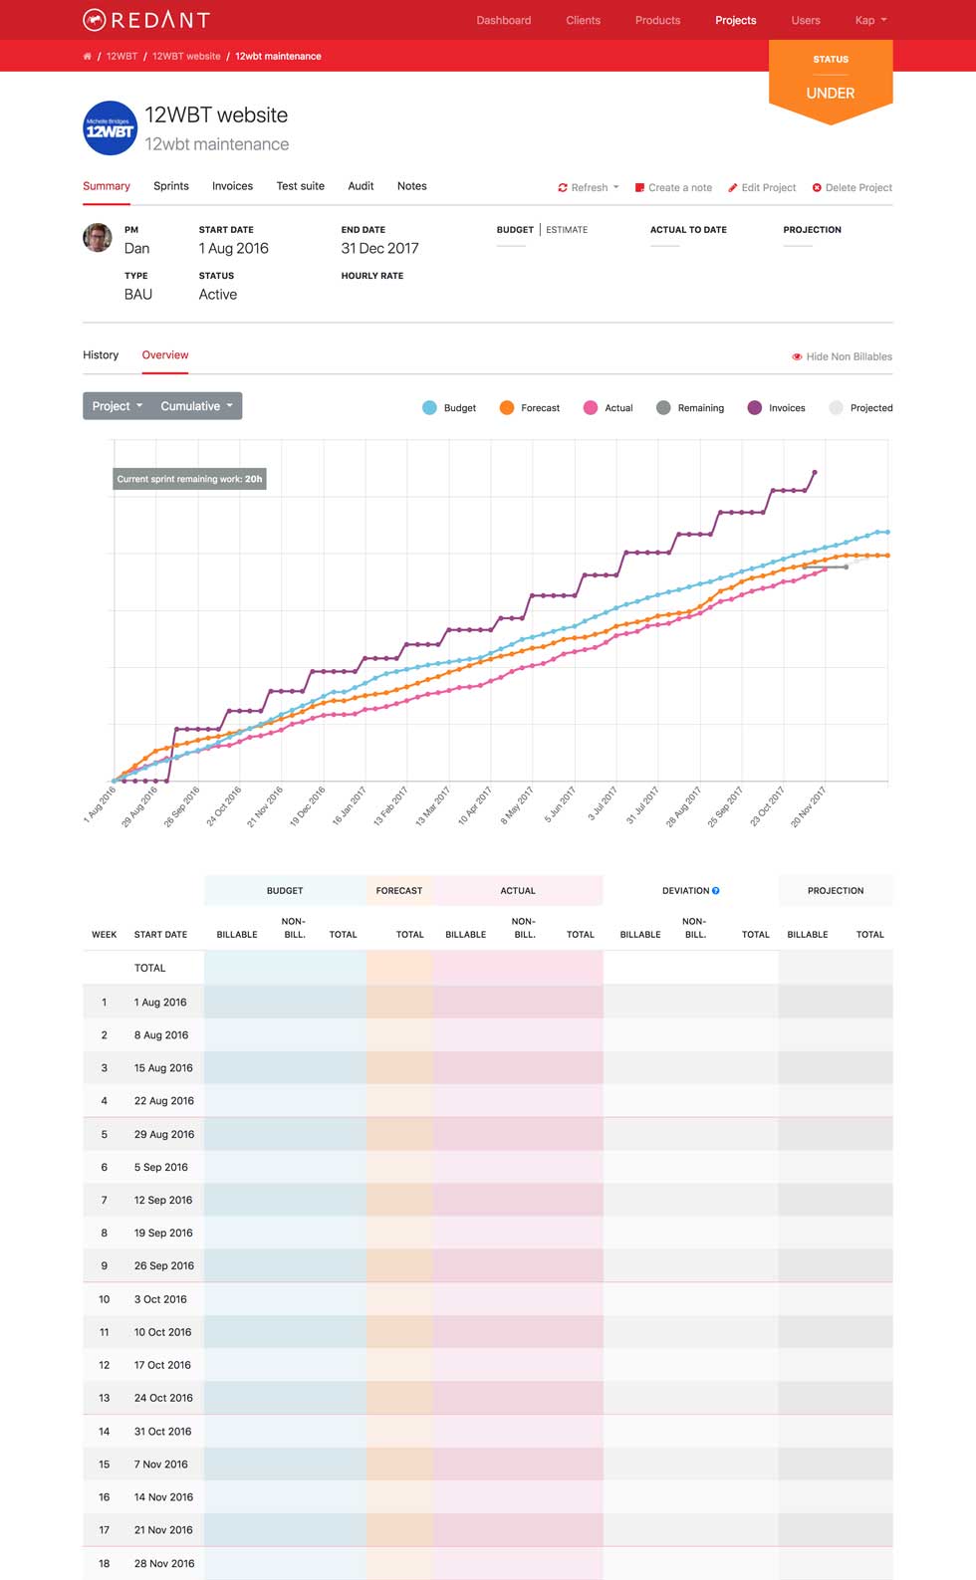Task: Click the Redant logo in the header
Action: (x=146, y=20)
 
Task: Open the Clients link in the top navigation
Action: (x=583, y=20)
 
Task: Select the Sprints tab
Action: (x=171, y=186)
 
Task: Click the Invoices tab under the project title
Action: (x=232, y=186)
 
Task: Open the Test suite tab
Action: (x=300, y=186)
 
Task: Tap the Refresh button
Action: (x=589, y=187)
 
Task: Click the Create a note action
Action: (x=674, y=187)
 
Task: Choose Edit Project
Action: (x=762, y=187)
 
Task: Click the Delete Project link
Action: (x=853, y=187)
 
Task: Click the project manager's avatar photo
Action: (x=98, y=238)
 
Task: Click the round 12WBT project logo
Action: (x=110, y=128)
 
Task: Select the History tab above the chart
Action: (x=101, y=355)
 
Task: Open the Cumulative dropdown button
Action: (x=196, y=406)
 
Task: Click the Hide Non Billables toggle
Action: (x=843, y=356)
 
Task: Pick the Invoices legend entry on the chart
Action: (x=777, y=408)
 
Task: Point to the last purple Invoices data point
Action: (x=815, y=472)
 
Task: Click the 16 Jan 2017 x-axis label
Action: (x=350, y=805)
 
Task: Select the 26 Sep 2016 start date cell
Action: (x=164, y=1266)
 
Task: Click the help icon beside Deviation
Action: (x=716, y=891)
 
